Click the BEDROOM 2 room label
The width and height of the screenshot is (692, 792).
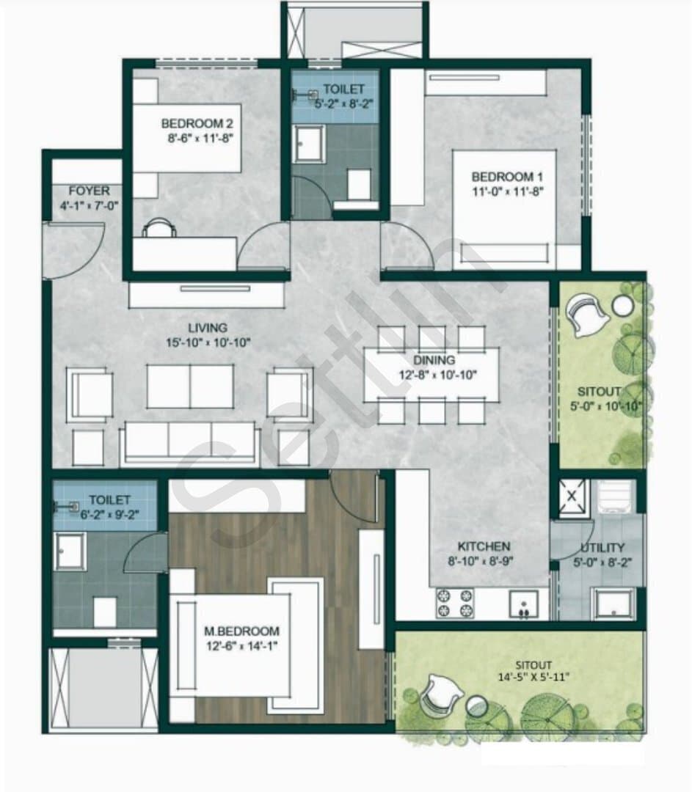coord(197,123)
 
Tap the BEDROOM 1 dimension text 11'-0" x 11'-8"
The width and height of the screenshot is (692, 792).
coord(508,191)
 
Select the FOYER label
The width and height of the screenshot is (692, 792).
coord(89,191)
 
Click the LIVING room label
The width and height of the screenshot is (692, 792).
coord(208,328)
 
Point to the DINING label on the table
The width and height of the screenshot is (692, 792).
coord(434,360)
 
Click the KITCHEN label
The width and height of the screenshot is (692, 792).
coord(484,546)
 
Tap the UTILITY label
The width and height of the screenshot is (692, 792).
coord(602,548)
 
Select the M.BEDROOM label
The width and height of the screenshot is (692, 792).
coord(241,631)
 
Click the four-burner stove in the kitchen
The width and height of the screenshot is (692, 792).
coord(454,603)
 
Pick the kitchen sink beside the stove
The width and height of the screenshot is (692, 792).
coord(523,604)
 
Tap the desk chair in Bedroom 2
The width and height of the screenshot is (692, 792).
coord(159,227)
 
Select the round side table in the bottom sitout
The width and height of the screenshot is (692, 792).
coord(477,705)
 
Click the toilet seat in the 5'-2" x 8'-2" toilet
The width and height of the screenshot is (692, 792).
coord(358,184)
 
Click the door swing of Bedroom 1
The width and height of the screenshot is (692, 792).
coord(407,246)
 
